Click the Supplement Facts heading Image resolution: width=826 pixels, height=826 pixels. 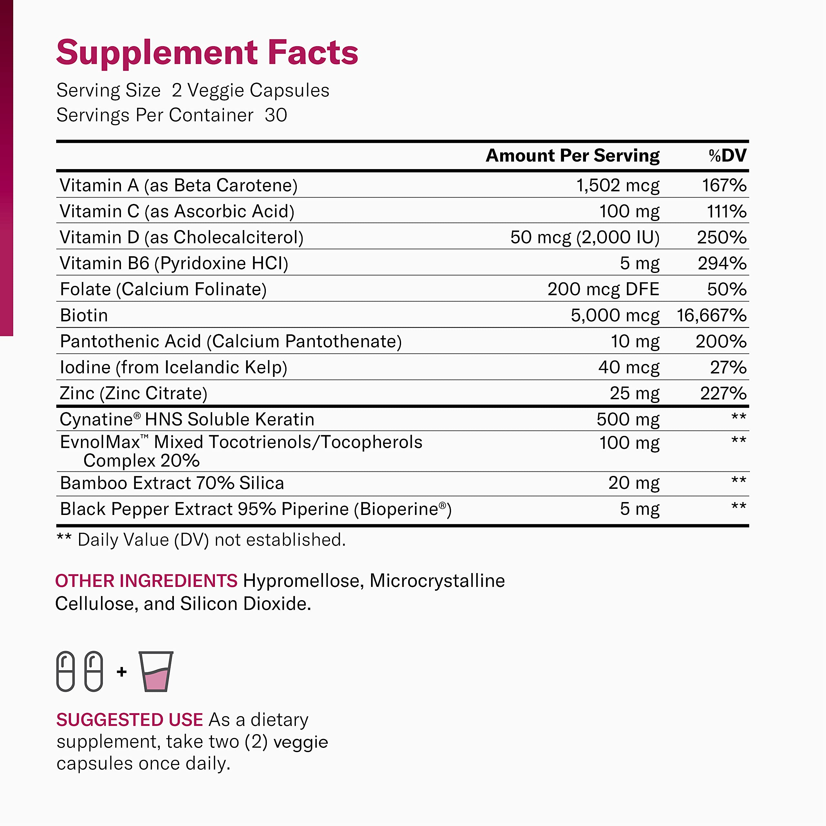click(207, 53)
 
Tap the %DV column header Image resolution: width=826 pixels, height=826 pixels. click(727, 156)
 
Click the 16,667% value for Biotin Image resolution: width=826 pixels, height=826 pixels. click(711, 316)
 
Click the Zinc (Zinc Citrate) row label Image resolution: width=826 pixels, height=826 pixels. click(133, 393)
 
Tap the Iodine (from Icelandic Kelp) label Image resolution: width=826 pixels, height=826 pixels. click(173, 367)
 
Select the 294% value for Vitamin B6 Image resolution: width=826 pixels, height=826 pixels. click(722, 263)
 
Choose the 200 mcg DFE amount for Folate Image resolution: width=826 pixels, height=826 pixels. click(603, 289)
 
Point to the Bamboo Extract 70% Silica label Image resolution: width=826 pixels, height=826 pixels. click(172, 483)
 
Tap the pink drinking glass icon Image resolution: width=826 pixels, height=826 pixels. click(156, 672)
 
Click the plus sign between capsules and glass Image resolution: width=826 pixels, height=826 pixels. click(121, 672)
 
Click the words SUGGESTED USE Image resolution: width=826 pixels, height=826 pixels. click(129, 720)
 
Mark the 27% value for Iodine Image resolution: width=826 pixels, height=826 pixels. click(728, 367)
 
